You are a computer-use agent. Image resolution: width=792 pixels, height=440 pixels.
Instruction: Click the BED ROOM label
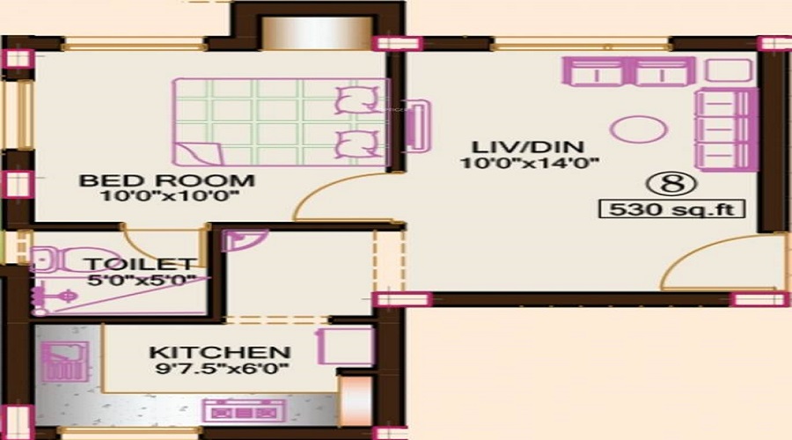[x=166, y=180]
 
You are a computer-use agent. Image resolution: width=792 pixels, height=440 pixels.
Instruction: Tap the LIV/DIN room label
[x=528, y=147]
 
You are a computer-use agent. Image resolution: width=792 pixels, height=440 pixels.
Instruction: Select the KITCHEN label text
[x=220, y=352]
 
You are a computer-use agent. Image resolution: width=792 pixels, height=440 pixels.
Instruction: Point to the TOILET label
[x=141, y=264]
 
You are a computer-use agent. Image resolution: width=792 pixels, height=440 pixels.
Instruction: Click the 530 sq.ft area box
[x=671, y=209]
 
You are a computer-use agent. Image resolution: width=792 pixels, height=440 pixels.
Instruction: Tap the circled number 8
[x=671, y=184]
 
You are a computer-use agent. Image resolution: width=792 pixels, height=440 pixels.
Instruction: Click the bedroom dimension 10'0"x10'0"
[x=169, y=196]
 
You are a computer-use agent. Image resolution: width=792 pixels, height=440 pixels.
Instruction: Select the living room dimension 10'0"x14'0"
[x=530, y=163]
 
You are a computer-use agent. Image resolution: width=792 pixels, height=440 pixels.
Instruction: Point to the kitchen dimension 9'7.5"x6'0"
[x=222, y=368]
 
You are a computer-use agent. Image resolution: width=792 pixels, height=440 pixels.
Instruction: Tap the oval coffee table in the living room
[x=639, y=129]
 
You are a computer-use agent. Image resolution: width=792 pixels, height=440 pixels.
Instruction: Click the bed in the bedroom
[x=281, y=122]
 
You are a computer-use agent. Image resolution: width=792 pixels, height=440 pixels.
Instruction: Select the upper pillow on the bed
[x=357, y=99]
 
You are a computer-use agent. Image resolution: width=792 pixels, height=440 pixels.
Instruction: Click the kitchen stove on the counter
[x=244, y=411]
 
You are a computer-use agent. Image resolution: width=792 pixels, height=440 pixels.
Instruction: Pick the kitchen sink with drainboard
[x=64, y=362]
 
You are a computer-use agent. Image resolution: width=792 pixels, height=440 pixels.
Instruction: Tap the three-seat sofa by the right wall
[x=726, y=129]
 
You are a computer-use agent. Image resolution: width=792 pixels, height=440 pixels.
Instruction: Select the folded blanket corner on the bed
[x=199, y=154]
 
